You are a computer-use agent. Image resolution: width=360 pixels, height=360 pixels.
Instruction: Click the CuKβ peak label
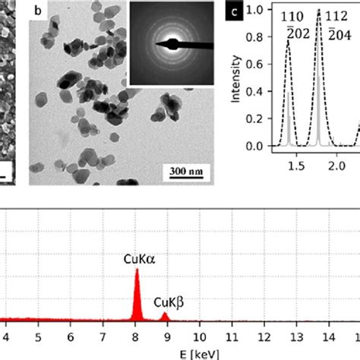[169, 303]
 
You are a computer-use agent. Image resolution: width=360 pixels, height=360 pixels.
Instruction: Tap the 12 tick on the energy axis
[263, 335]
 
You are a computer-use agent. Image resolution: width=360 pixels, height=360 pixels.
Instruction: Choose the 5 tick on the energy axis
[39, 335]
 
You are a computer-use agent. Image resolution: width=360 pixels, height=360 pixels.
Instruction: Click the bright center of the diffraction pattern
[169, 43]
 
